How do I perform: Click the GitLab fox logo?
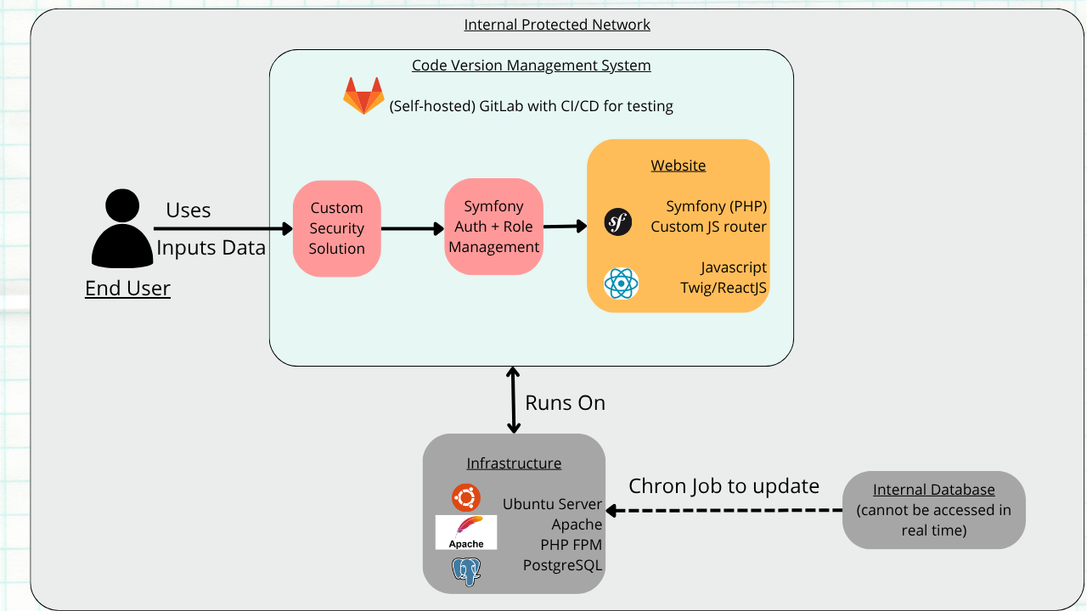(x=363, y=96)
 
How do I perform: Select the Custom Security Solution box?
(x=337, y=228)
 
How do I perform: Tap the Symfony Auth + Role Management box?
(x=493, y=227)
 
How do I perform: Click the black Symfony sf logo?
(x=617, y=222)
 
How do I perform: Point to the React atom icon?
(x=621, y=283)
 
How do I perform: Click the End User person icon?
(x=122, y=228)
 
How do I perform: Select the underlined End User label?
(x=127, y=288)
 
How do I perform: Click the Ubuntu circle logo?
(x=466, y=497)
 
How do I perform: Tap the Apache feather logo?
(x=466, y=532)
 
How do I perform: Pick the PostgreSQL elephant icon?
(x=466, y=571)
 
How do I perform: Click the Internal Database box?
(x=933, y=510)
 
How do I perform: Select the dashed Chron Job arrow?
(x=724, y=510)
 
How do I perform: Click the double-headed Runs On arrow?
(x=514, y=400)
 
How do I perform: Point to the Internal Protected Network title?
(x=556, y=25)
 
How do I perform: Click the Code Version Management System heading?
(x=532, y=65)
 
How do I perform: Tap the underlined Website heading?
(x=678, y=165)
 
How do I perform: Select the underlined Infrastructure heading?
(x=514, y=463)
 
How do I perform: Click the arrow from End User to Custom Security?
(x=223, y=228)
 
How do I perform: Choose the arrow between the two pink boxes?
(x=413, y=228)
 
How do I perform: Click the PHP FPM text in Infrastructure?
(x=572, y=545)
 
